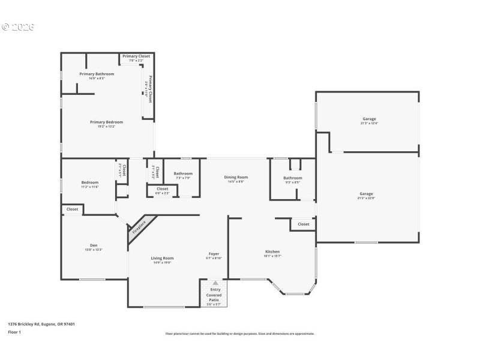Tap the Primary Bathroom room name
click(97, 74)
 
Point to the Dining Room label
click(236, 177)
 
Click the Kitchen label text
click(272, 251)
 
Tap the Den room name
click(94, 245)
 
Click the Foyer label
click(214, 254)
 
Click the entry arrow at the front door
click(215, 283)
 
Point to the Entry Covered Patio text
click(214, 295)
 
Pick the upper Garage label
click(368, 119)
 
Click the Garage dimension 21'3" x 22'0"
click(366, 198)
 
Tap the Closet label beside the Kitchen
click(303, 224)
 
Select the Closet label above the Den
click(72, 209)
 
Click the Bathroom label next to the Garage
click(293, 178)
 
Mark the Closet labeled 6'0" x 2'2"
click(162, 191)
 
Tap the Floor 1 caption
click(14, 332)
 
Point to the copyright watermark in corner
click(18, 27)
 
